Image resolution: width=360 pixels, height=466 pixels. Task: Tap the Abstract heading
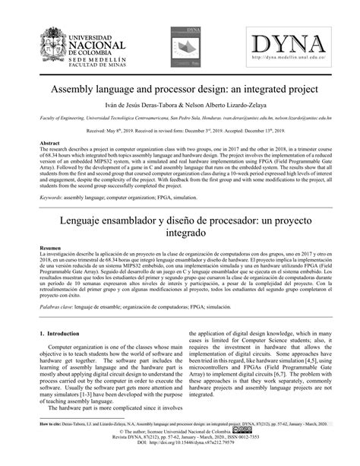point(49,143)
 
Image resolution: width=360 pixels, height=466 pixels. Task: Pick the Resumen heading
point(50,249)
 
